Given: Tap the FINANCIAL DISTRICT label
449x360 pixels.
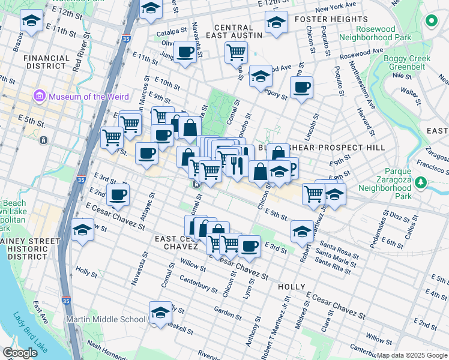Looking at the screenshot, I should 46,62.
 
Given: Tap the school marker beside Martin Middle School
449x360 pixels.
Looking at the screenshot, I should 159,313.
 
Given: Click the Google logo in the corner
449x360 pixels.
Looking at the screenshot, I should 20,352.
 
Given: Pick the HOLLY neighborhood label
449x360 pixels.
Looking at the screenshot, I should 292,287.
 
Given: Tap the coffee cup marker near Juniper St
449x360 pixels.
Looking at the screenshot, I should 186,53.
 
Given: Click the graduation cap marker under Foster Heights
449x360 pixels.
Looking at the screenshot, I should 276,23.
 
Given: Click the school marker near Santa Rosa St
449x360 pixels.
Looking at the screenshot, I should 302,231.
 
